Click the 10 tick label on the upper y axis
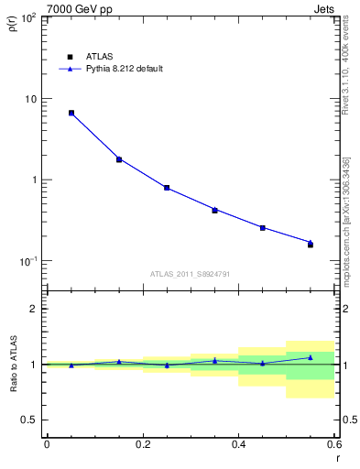tap(32, 99)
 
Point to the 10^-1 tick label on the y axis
tap(29, 261)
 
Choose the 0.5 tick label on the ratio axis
tap(29, 420)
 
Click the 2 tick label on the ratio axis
tap(35, 309)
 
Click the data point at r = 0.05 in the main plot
tap(71, 113)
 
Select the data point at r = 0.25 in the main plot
tap(167, 188)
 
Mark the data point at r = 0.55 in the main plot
tap(311, 245)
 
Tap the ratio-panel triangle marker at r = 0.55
tap(311, 357)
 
